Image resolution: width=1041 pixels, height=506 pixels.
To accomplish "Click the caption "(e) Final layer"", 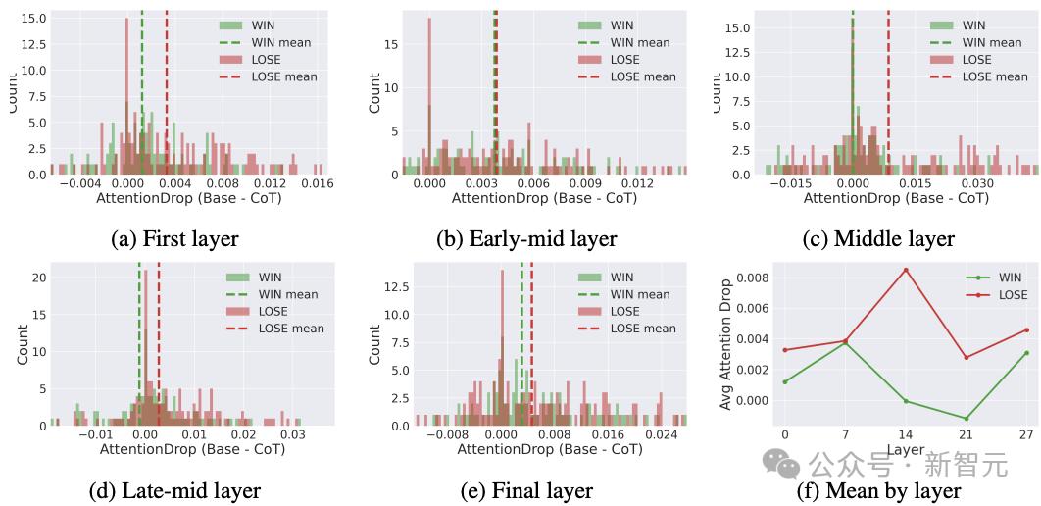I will click(x=526, y=490).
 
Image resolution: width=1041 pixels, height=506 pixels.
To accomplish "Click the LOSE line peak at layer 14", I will click(x=906, y=270).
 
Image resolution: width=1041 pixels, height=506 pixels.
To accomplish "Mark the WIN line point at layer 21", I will click(x=967, y=419).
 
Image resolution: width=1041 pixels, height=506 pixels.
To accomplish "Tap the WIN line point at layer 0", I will click(x=784, y=381).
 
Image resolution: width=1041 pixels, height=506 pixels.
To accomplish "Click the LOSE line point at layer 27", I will click(x=1025, y=329).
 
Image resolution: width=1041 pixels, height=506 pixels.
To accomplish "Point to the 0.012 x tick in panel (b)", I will click(x=637, y=183).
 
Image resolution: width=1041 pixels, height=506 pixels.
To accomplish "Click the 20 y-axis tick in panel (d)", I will click(x=37, y=278).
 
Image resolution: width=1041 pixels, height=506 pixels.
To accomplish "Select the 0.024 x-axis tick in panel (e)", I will click(x=661, y=434).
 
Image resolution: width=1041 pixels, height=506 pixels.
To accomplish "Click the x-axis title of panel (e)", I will click(x=550, y=449).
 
